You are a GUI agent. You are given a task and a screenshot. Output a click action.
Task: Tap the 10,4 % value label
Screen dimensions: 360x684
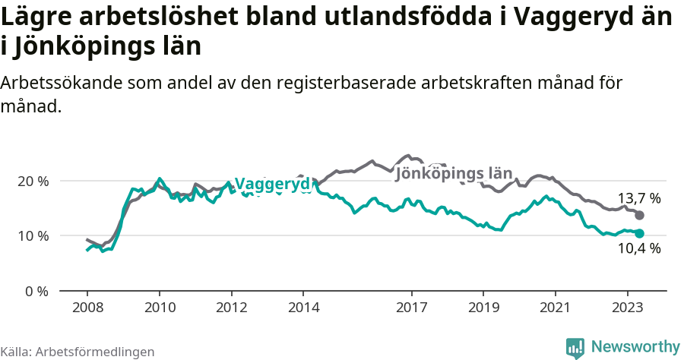coord(638,248)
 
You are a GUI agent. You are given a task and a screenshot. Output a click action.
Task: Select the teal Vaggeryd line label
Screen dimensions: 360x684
coord(272,184)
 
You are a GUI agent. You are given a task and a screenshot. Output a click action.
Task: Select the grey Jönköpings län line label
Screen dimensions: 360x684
coord(454,173)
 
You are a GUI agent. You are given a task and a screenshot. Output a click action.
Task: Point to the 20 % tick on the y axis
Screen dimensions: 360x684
coord(33,182)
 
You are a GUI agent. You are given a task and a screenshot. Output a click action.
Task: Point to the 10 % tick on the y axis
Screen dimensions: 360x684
coord(33,236)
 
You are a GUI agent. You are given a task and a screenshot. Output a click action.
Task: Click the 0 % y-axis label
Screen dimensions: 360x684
coord(36,291)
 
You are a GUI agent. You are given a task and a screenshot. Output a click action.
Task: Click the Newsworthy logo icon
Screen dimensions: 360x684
coord(575,347)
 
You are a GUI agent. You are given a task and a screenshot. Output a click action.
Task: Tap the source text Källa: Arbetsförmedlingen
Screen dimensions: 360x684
coord(78,352)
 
